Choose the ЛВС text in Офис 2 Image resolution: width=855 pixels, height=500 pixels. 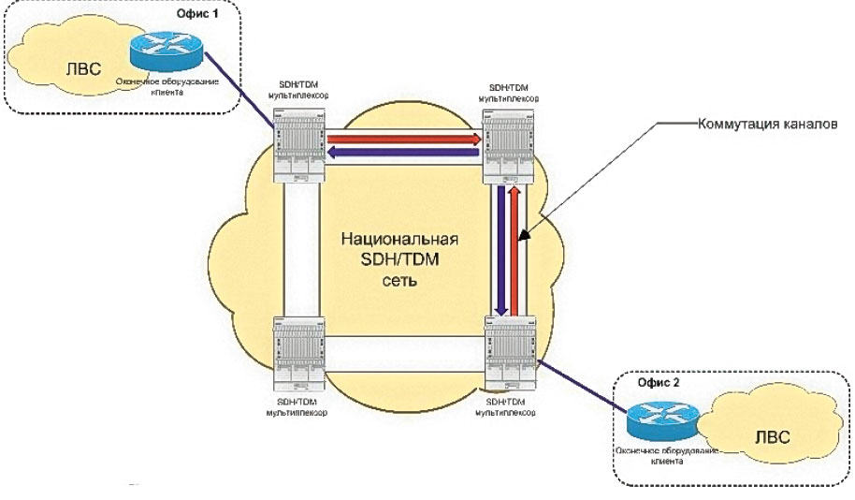click(770, 438)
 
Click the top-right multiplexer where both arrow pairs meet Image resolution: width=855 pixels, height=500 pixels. click(507, 147)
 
